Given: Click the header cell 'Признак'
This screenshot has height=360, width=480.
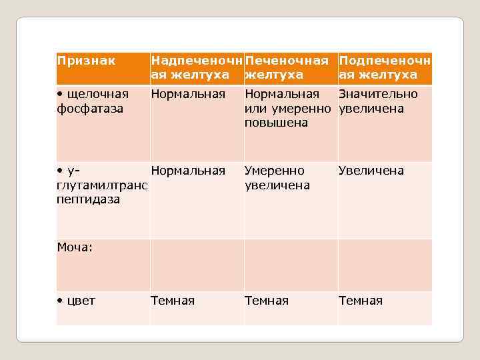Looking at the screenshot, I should point(86,61).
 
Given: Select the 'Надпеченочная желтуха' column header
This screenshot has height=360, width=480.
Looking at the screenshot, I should point(196,68).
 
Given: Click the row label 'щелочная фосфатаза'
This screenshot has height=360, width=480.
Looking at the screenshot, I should point(93,101).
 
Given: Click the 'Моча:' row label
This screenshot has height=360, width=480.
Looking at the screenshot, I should point(75,247).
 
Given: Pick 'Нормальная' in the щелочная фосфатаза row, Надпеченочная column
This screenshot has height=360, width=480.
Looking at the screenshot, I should point(188,94).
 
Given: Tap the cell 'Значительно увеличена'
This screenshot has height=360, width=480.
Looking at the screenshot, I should point(378,101).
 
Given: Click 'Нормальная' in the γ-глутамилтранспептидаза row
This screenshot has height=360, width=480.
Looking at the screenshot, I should point(188,171).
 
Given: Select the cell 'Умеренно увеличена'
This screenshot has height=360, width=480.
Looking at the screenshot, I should point(277,178).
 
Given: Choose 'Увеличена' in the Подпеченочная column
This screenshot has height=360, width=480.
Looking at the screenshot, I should point(371,171).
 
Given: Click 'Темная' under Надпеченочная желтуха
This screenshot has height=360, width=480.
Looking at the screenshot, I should point(173,301).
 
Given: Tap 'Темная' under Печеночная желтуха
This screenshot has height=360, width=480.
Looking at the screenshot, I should point(267,301).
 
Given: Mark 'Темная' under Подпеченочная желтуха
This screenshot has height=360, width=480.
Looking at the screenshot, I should point(361,301).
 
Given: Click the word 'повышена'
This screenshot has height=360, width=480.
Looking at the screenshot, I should point(277,123).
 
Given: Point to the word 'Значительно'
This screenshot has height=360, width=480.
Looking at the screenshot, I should point(378,94).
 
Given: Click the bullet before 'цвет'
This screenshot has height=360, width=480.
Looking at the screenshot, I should point(59,301).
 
